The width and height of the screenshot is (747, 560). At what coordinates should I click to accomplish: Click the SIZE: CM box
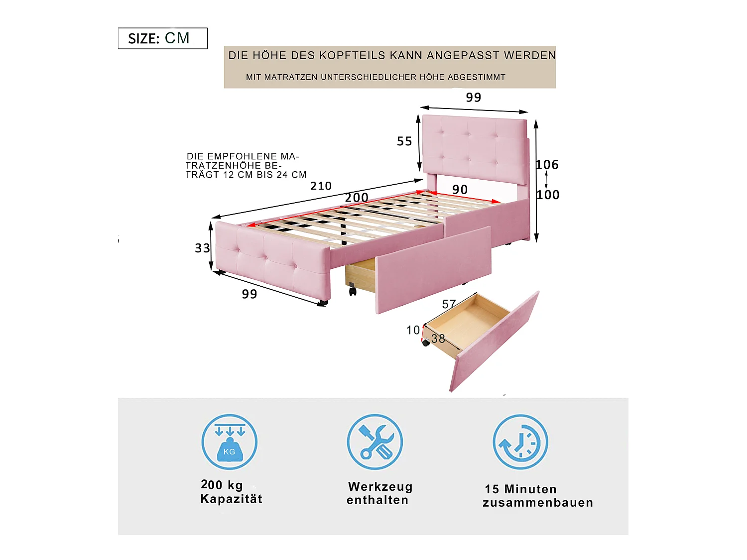click(x=162, y=38)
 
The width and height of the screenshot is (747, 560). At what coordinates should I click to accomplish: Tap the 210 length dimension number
click(x=321, y=186)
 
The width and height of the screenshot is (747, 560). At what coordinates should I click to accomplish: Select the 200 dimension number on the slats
click(x=357, y=198)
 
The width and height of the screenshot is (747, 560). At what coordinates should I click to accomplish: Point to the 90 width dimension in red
click(x=460, y=190)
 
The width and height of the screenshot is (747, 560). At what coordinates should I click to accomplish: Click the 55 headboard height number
click(x=404, y=141)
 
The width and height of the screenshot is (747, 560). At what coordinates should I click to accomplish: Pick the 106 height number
click(x=547, y=165)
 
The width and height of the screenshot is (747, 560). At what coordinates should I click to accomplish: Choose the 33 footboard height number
click(x=202, y=248)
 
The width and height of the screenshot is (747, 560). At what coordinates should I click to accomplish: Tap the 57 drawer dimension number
click(x=449, y=304)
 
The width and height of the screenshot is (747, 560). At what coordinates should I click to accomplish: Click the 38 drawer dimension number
click(x=438, y=339)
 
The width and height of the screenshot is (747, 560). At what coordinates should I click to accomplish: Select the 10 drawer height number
click(x=413, y=330)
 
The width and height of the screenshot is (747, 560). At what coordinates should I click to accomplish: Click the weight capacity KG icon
click(x=229, y=442)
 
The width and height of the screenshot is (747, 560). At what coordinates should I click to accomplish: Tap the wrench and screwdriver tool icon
click(x=374, y=442)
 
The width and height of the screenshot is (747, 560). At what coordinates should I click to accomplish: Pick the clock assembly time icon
click(x=520, y=442)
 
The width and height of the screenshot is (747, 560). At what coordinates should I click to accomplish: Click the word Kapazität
click(x=231, y=499)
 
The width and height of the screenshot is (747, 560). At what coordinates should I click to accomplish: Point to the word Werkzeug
click(x=380, y=487)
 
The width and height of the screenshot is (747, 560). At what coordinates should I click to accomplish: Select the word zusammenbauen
click(x=538, y=503)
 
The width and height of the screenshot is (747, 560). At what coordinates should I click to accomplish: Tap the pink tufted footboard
click(x=271, y=261)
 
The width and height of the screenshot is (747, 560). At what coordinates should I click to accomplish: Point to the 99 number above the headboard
click(x=474, y=98)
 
